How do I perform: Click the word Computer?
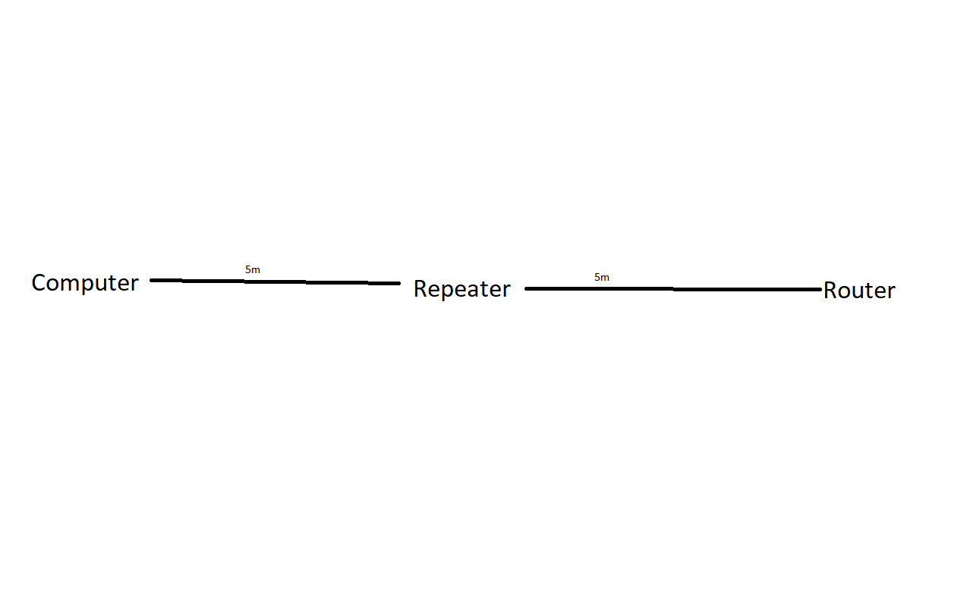tap(85, 284)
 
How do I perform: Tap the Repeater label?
tap(462, 289)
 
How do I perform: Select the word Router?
tap(859, 290)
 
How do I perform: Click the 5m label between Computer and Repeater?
tap(253, 269)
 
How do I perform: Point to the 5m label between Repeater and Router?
tap(602, 277)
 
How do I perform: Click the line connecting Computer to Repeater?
tap(275, 281)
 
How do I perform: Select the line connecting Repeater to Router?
tap(673, 288)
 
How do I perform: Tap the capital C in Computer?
tap(39, 282)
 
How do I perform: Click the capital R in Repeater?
tap(421, 288)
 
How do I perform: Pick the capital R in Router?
tap(830, 290)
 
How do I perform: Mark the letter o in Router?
tap(846, 293)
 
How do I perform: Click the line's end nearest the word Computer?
tap(150, 281)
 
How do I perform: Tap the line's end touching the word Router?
tap(821, 290)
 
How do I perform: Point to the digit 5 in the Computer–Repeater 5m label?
tap(248, 269)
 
